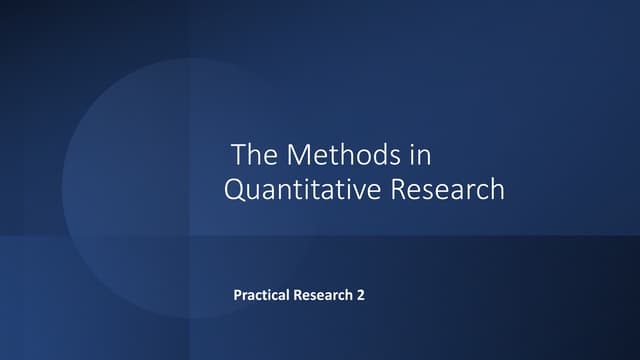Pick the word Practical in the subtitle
262,296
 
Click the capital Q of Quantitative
235,189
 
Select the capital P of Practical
237,296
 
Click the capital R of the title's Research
397,189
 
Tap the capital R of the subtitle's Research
297,296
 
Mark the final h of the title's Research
497,189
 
